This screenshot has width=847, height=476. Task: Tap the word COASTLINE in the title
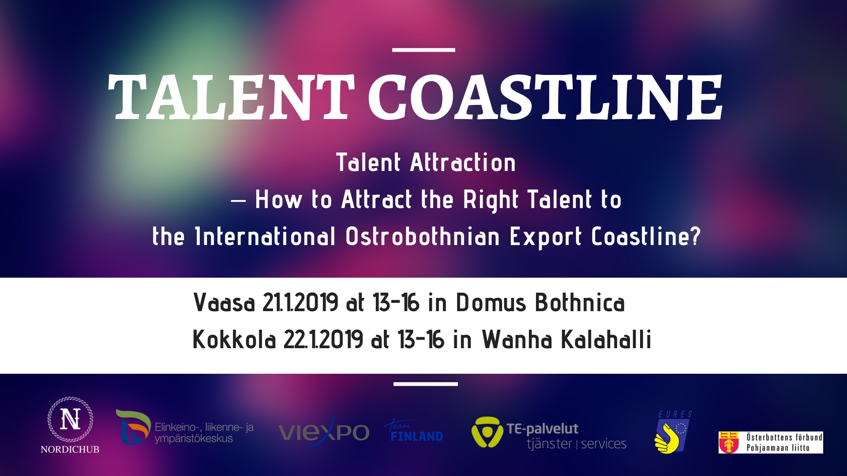coord(545,97)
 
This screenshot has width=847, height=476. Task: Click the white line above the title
coord(423,50)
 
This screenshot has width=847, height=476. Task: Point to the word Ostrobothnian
coord(423,236)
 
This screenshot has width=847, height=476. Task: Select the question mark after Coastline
coord(696,236)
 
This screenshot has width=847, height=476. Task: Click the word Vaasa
coord(224,303)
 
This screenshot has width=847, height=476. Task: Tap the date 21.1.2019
coord(300,303)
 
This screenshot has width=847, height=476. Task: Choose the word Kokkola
coord(234,339)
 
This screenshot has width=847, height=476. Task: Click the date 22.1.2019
coord(323,339)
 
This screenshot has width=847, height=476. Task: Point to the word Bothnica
coord(580,303)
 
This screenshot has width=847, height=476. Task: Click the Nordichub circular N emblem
coord(71,419)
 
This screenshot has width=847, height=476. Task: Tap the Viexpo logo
coord(324,432)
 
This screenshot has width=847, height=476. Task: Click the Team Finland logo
coord(414,431)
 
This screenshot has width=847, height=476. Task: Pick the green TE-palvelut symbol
coord(487,432)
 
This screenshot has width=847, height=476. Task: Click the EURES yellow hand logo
coord(673,432)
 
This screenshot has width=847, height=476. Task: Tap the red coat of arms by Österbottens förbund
coord(729,443)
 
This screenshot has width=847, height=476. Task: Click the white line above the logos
coord(426,384)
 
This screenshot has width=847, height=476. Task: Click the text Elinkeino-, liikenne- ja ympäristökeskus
coord(204,433)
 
